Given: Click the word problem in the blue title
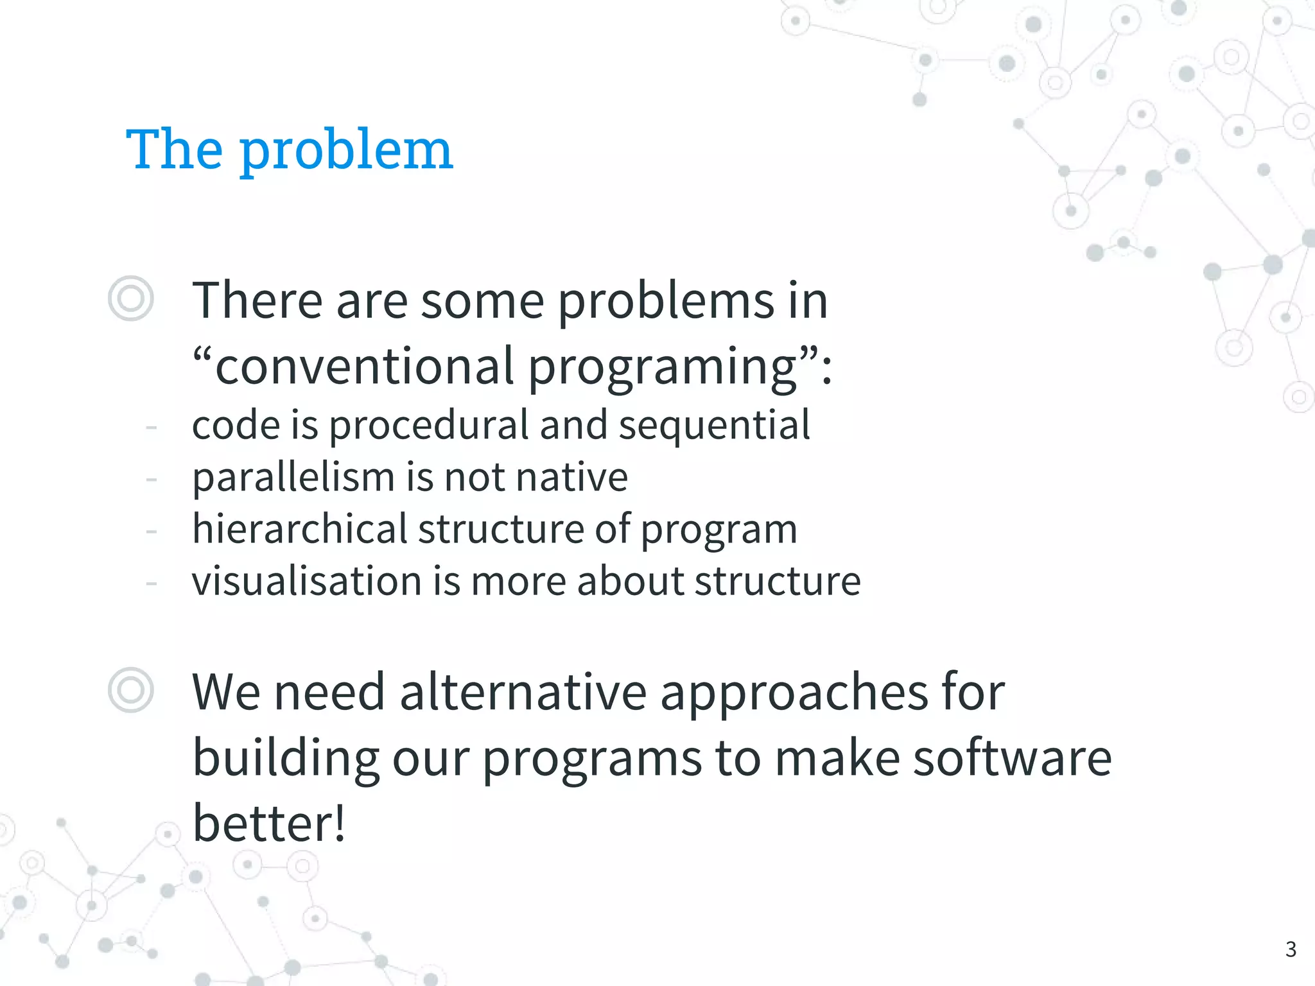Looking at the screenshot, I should point(347,151).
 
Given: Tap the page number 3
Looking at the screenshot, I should point(1291,949).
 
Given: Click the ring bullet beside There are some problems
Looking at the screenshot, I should point(131,298).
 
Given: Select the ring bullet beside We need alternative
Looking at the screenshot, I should point(131,690).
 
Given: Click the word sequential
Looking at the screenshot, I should point(714,426).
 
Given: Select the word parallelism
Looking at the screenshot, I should point(293,478).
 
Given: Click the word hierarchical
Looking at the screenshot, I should point(300,529).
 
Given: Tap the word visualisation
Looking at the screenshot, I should point(306,581).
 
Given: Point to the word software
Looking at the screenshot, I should point(1012,757).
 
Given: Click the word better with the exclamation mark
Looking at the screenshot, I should point(269,823).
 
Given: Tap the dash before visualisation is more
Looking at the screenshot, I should point(152,583).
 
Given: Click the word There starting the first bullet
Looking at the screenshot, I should point(257,300).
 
